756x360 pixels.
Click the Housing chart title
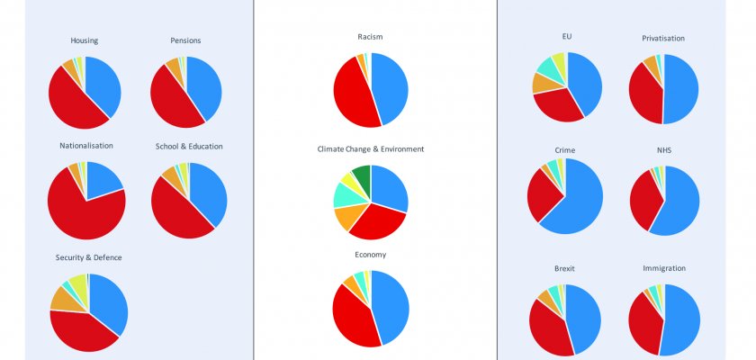[85, 40]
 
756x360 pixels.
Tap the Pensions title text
[185, 40]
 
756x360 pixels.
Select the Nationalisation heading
[86, 146]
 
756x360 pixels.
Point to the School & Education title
[189, 146]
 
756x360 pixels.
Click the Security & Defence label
[88, 257]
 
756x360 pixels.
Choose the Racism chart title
[370, 37]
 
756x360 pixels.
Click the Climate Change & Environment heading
[371, 148]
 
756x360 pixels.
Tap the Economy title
[370, 255]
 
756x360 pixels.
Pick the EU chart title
[566, 37]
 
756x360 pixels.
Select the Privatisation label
[663, 38]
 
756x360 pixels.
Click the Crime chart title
[565, 149]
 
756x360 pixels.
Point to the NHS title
[664, 149]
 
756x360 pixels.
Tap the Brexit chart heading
[565, 268]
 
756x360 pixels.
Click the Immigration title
[664, 268]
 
